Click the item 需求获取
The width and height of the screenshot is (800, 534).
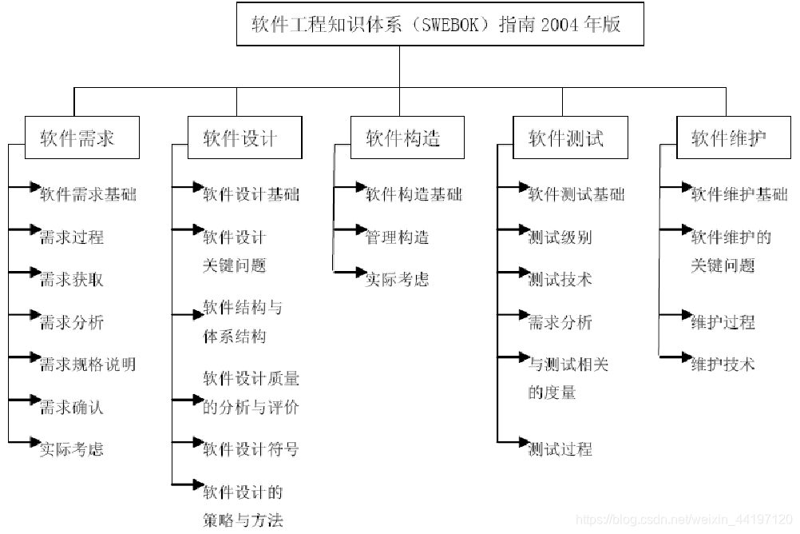coord(72,280)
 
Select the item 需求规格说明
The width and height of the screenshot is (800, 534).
coord(88,365)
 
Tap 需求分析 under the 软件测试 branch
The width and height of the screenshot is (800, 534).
coord(560,322)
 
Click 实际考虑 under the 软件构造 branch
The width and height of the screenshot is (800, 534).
coord(398,280)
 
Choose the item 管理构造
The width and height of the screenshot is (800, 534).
coord(398,237)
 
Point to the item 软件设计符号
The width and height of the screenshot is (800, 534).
coord(251,449)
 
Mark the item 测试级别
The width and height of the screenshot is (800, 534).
coord(560,237)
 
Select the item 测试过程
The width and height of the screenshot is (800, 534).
coord(560,449)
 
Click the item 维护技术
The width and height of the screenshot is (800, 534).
coord(723,365)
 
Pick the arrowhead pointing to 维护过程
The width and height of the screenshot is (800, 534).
coord(686,315)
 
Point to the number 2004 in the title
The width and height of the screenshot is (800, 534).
coord(559,25)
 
